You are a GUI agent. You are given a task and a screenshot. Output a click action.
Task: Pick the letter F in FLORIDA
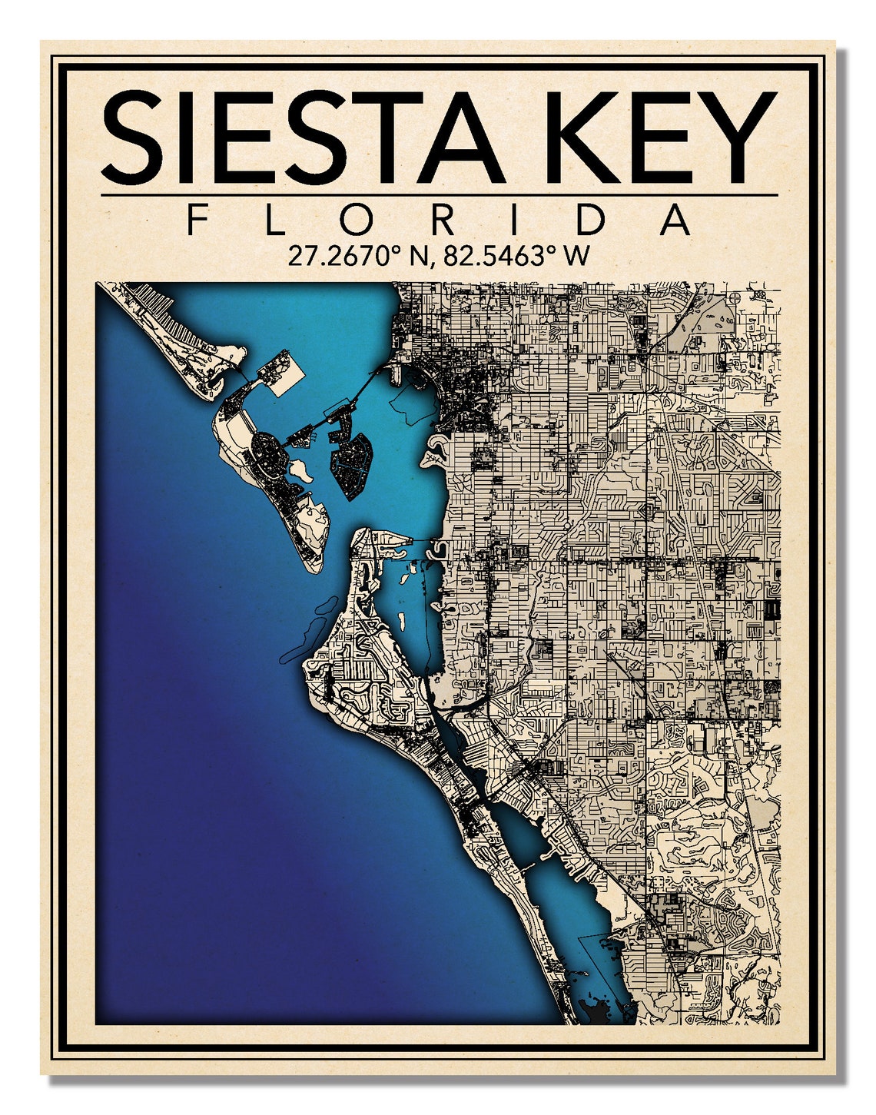(197, 221)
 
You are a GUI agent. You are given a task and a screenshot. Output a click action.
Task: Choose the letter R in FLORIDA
(443, 221)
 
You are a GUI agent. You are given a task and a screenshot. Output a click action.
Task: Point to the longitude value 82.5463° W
(516, 256)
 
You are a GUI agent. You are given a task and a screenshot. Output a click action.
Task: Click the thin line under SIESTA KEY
(439, 195)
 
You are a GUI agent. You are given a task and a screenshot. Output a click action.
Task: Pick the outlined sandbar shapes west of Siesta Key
(307, 626)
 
